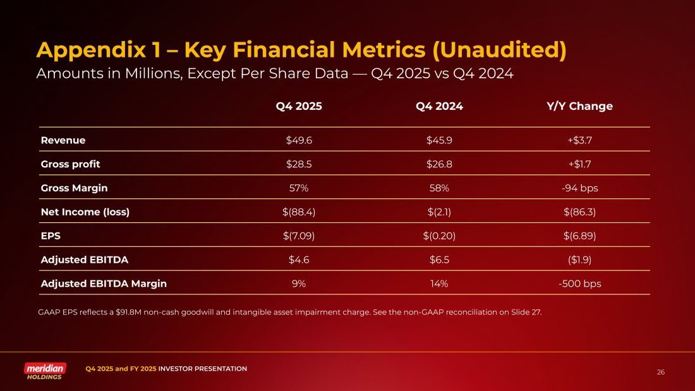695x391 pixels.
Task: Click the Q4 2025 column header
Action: coord(299,106)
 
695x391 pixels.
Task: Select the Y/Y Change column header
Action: coord(579,106)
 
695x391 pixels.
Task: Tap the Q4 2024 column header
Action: coord(439,106)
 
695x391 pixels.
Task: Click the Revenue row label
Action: coord(63,140)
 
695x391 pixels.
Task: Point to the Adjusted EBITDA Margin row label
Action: coord(104,284)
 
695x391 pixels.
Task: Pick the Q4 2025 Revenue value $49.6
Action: coord(299,140)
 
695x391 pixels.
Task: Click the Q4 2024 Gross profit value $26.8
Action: coord(439,164)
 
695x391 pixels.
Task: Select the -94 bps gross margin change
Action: coord(579,188)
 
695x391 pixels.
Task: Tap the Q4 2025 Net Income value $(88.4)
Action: coord(299,212)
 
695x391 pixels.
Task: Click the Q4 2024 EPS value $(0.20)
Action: coord(439,236)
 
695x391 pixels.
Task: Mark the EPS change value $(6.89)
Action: coord(579,236)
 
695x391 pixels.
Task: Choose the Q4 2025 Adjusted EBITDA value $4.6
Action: coord(299,260)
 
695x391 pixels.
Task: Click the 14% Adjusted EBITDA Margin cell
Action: coord(439,284)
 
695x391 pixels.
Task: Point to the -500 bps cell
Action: coord(579,284)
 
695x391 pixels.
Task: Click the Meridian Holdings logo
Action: coord(45,371)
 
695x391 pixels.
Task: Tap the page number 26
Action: coord(661,372)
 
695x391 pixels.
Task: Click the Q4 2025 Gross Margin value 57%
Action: coord(299,188)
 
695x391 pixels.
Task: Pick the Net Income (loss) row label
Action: coord(85,212)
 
